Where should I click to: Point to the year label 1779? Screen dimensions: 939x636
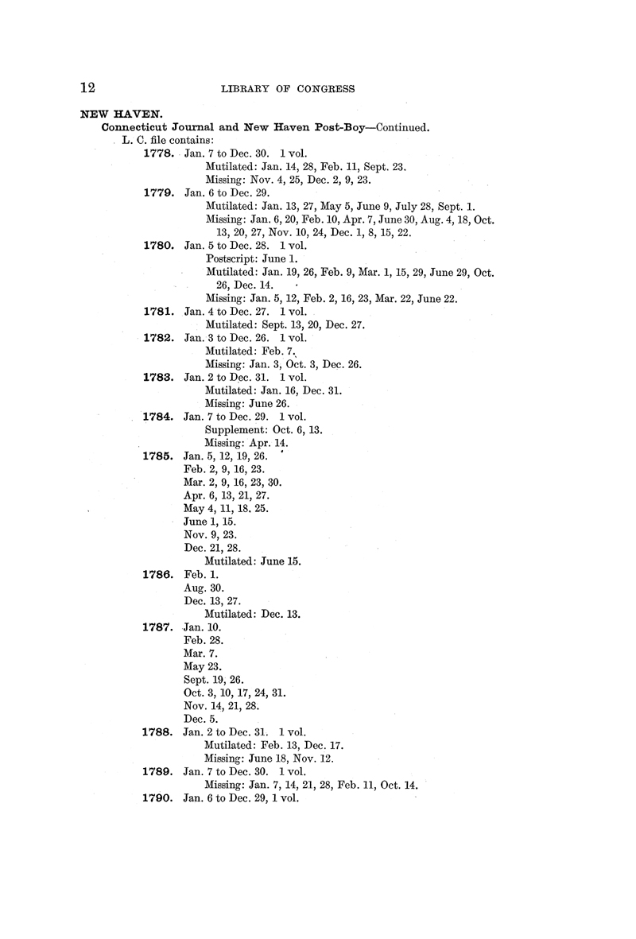point(158,193)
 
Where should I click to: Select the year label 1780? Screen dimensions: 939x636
point(158,246)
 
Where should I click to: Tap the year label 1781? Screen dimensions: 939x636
point(158,312)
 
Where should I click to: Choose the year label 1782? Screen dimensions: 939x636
point(158,338)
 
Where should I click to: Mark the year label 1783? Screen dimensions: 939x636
point(158,378)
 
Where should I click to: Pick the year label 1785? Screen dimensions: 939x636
point(158,456)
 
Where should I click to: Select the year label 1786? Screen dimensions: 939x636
point(158,573)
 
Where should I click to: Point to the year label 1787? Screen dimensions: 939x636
point(158,627)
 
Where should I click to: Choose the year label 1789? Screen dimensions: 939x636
point(158,771)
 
